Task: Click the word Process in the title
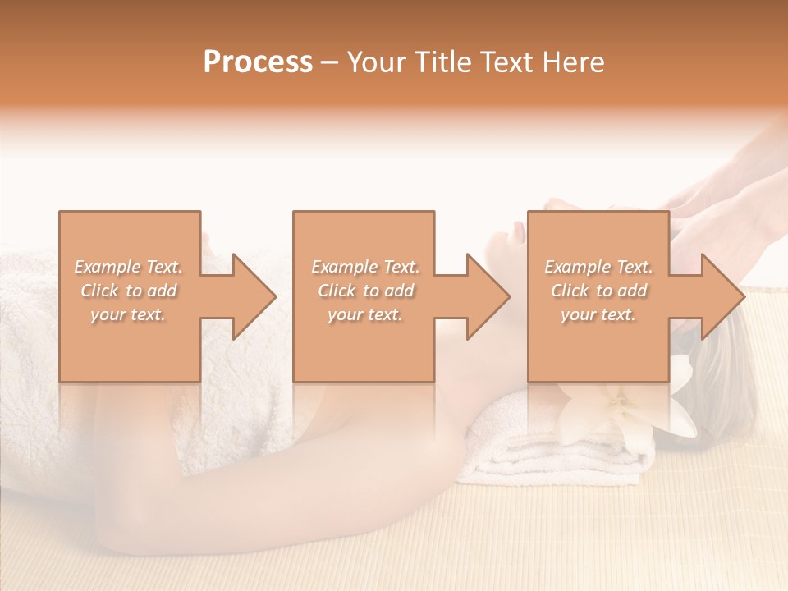coord(258,62)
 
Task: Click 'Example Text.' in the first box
coord(128,267)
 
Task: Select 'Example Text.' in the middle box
coord(364,267)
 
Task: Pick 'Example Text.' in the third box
coord(598,267)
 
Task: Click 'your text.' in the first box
coord(128,314)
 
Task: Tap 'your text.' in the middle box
coord(364,314)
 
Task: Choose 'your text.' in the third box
coord(598,314)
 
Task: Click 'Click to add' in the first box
coord(128,291)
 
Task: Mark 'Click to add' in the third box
coord(598,291)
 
